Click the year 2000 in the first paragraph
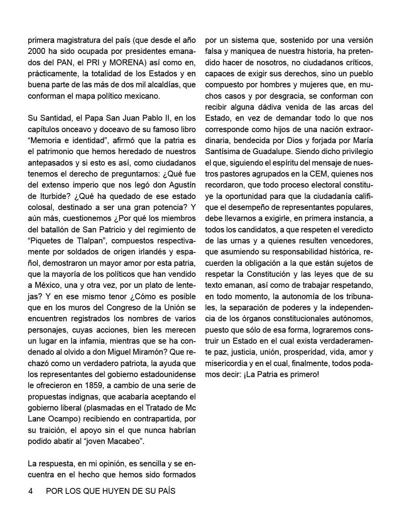click(37, 52)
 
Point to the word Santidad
click(55, 118)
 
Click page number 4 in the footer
click(30, 491)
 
